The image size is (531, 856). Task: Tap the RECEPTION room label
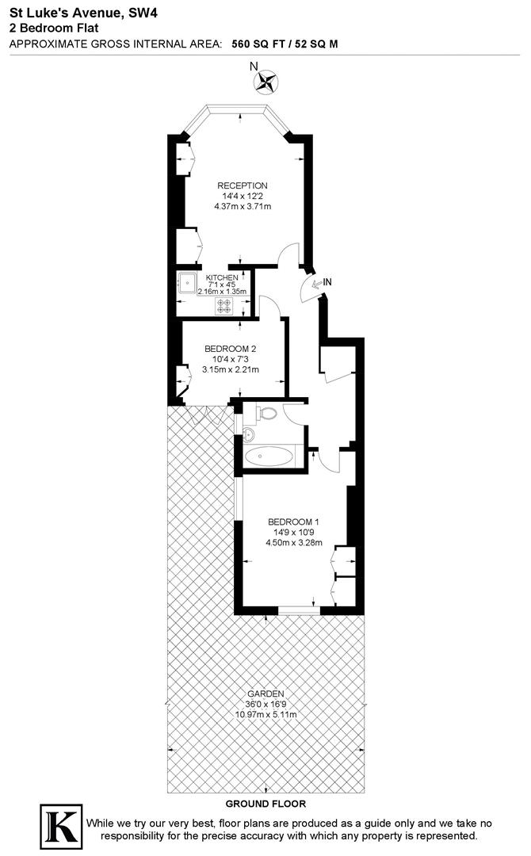tap(243, 185)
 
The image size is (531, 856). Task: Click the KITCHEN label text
tap(221, 277)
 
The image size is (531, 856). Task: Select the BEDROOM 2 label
tap(230, 349)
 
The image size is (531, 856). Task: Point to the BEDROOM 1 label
tap(293, 522)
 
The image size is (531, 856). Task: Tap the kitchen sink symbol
tap(187, 283)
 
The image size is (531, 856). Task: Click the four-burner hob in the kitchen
tap(226, 305)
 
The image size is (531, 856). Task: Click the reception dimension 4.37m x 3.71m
tap(243, 207)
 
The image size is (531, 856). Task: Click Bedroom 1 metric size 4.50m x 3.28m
tap(293, 543)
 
